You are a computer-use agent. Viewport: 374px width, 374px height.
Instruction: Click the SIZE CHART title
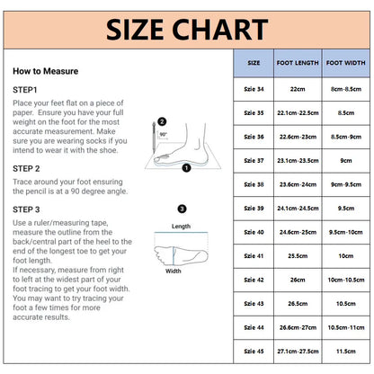[x=187, y=30]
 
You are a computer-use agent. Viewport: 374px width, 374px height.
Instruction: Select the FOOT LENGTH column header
[x=298, y=63]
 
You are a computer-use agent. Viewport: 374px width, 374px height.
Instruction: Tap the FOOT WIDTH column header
[x=346, y=63]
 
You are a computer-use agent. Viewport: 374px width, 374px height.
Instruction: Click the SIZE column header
[x=254, y=63]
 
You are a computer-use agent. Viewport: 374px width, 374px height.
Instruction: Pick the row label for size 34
[x=254, y=89]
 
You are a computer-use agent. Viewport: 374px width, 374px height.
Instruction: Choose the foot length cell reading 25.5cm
[x=298, y=256]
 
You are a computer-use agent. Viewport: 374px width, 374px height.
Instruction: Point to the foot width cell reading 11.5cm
[x=346, y=352]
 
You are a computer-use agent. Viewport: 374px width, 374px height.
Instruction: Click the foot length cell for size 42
[x=298, y=280]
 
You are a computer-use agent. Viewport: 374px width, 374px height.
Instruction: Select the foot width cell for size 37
[x=346, y=161]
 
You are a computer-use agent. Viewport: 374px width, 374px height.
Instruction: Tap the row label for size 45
[x=254, y=352]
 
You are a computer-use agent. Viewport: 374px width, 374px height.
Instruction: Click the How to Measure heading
[x=46, y=71]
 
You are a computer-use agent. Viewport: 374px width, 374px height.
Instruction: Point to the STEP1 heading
[x=25, y=90]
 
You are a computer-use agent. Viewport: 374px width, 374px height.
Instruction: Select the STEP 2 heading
[x=26, y=169]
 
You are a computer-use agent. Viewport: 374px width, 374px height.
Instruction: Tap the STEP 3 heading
[x=26, y=209]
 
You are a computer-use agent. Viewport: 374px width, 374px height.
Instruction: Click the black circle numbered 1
[x=186, y=168]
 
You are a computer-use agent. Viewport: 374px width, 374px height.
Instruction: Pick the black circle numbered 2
[x=162, y=121]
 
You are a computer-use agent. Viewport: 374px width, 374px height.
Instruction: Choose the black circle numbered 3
[x=182, y=209]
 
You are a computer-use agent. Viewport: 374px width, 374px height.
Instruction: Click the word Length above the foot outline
[x=181, y=227]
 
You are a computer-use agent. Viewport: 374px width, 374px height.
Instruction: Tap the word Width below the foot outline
[x=174, y=271]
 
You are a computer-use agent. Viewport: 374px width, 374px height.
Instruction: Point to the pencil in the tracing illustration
[x=154, y=138]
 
